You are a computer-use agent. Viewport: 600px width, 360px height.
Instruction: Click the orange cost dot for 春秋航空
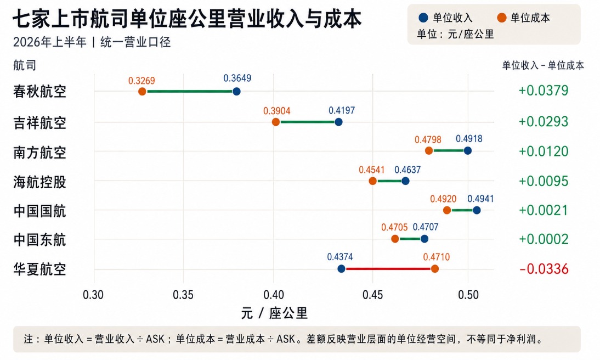(x=142, y=92)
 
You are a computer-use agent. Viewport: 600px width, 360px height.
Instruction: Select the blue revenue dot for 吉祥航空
(x=338, y=122)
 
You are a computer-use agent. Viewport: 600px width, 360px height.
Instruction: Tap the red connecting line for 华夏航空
(x=388, y=269)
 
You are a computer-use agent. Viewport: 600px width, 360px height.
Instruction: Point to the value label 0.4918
(x=469, y=139)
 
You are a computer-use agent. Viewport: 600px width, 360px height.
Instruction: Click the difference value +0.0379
(x=544, y=91)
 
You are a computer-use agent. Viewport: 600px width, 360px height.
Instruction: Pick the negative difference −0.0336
(x=544, y=269)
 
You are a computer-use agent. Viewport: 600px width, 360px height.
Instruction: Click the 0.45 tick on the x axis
(x=373, y=295)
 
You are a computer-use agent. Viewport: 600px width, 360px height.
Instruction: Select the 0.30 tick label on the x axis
(x=93, y=295)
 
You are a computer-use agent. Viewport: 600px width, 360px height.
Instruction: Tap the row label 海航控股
(x=40, y=182)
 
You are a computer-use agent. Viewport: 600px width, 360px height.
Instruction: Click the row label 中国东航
(x=40, y=240)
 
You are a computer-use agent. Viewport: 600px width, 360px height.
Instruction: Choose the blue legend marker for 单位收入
(x=423, y=18)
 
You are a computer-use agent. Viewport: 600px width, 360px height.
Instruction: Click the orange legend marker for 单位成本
(x=502, y=18)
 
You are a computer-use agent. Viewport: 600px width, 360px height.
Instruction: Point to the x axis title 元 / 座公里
(x=274, y=313)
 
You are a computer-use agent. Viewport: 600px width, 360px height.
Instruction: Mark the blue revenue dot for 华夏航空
(x=341, y=269)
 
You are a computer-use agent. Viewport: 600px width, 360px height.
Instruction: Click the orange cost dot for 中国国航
(x=447, y=210)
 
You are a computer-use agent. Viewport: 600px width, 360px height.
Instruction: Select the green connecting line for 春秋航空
(x=189, y=92)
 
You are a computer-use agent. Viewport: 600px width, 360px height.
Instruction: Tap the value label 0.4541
(x=371, y=170)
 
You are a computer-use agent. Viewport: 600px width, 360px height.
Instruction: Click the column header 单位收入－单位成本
(x=543, y=65)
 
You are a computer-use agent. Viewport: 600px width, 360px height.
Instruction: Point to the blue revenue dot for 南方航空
(x=468, y=150)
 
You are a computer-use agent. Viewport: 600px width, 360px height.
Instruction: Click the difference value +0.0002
(x=544, y=239)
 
